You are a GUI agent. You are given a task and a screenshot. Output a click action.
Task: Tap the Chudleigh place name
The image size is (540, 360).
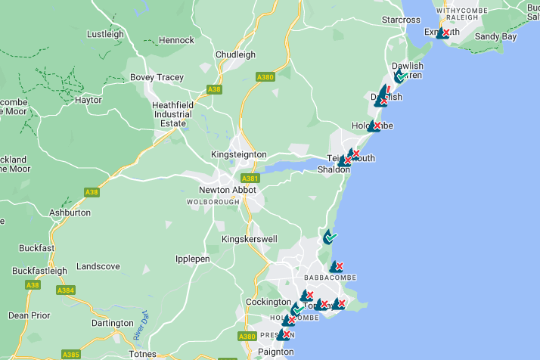coord(235,55)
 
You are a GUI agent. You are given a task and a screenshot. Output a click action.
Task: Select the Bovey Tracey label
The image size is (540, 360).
coord(157,77)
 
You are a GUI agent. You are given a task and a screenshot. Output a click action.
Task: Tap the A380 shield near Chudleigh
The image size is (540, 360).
coord(265,76)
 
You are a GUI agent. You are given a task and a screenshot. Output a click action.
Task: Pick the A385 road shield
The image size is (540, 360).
coord(70,354)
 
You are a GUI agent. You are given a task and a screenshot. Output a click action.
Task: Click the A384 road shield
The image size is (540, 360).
coord(66,290)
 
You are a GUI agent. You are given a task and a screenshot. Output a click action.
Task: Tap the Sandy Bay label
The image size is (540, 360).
coord(495,36)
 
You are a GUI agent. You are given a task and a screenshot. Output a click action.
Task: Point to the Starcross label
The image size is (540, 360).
coord(401,20)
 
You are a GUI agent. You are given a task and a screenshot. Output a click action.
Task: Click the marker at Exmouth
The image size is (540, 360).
coord(443,33)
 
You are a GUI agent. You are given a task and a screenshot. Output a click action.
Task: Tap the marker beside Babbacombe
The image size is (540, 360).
coord(337,267)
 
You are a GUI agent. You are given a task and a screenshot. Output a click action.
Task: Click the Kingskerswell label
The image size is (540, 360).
coord(249,239)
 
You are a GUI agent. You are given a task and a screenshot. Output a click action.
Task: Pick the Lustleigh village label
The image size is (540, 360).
coord(105,34)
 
